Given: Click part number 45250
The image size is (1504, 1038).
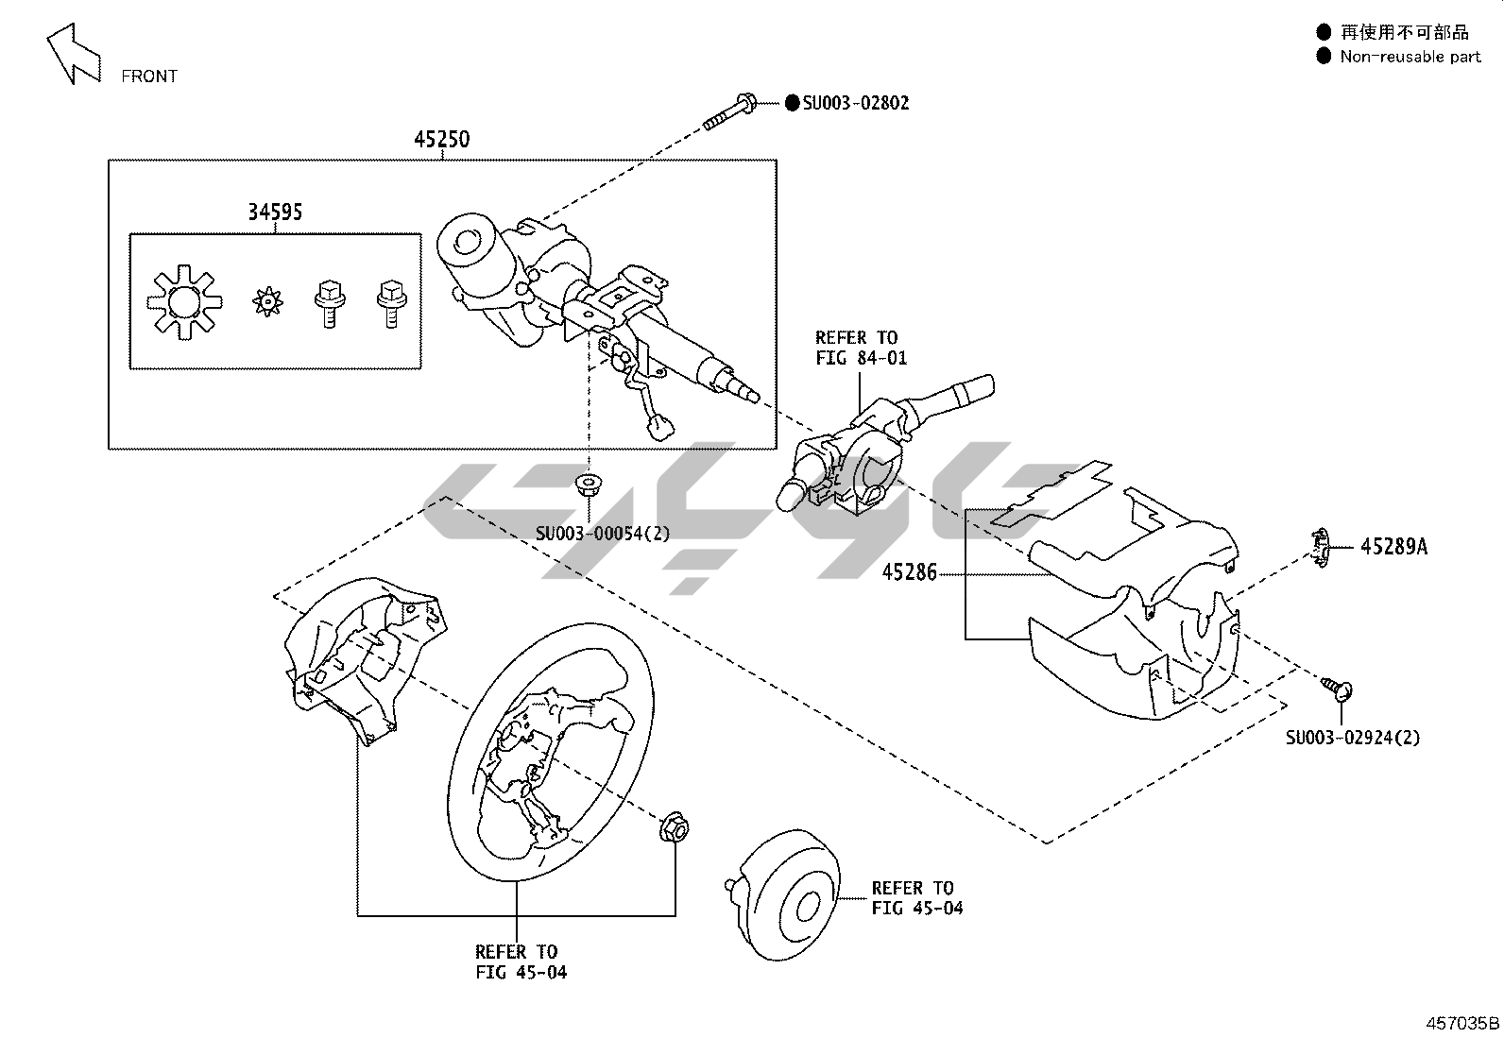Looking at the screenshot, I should coord(441,140).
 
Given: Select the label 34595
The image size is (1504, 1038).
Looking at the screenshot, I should coord(275,213).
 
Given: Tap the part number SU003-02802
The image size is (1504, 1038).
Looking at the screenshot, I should coord(855,103).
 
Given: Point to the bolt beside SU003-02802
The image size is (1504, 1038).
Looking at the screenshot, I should coord(728,111).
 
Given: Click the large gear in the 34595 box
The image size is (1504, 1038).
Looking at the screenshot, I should coord(184,302).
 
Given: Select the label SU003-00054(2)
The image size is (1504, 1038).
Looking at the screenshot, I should coord(603,534).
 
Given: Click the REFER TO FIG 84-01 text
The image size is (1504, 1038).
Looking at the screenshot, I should coord(856,348).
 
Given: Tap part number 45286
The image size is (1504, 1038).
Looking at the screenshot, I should coord(909,572).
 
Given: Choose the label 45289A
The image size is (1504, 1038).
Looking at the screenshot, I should coord(1393,547).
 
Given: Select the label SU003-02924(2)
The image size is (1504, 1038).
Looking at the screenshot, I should coord(1352,738).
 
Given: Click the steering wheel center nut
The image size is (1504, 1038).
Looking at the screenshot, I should coord(675,828).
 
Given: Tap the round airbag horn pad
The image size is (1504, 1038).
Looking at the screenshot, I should coord(790,895).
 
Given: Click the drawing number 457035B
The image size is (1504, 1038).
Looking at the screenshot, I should coord(1462,1023).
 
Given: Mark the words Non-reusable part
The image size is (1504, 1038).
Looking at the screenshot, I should coord(1410,57).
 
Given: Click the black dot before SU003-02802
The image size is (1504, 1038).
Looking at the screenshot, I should coord(792,103).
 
